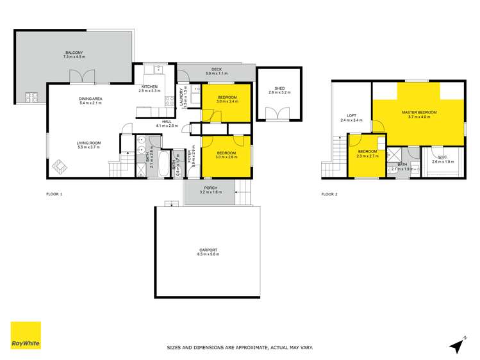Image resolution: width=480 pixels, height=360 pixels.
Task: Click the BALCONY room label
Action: (x=74, y=53)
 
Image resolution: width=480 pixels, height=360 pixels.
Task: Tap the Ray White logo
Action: (x=26, y=336)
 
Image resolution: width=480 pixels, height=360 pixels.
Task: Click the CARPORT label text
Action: (x=208, y=250)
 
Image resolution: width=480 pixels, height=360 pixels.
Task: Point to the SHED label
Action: (x=279, y=88)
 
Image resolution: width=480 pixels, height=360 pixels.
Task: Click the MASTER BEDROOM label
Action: (x=420, y=113)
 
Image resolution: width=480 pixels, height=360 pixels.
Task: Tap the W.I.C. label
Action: (x=442, y=158)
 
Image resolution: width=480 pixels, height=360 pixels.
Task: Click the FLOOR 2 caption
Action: (x=329, y=194)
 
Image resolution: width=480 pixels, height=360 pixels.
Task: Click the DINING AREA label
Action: (x=90, y=99)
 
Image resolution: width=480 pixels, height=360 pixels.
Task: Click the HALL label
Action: (x=167, y=121)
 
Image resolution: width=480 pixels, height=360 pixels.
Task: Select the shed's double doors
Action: (x=279, y=114)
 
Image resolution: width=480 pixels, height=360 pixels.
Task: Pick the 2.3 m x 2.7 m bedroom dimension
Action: (x=367, y=156)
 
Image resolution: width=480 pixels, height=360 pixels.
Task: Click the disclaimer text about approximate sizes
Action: (x=240, y=348)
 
